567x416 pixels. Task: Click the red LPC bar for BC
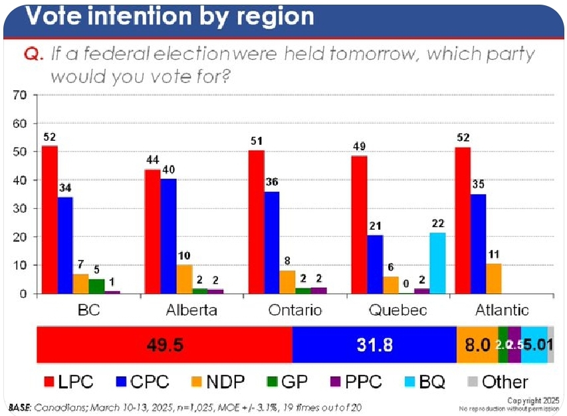point(50,220)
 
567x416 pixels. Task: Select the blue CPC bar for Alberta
point(168,236)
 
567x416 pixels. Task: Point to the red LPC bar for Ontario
point(256,222)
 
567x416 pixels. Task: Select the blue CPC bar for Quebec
point(375,264)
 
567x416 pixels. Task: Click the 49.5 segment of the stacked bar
point(164,345)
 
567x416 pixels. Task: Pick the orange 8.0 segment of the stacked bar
point(477,345)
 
